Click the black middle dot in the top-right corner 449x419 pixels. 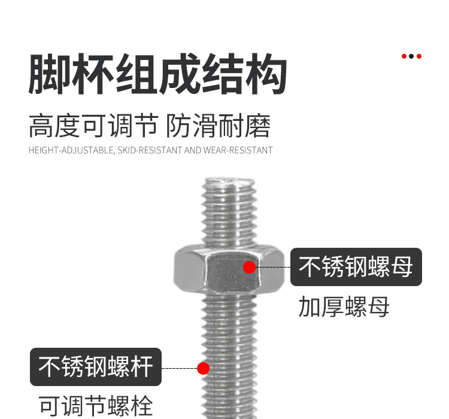(x=411, y=56)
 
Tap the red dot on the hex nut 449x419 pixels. (x=250, y=267)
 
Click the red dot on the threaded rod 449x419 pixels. (x=203, y=368)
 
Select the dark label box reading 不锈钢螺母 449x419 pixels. (x=356, y=267)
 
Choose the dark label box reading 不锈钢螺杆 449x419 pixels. (x=96, y=367)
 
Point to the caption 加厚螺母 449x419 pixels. (x=344, y=307)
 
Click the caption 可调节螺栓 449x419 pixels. (x=96, y=406)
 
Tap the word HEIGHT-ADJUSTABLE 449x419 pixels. (x=71, y=150)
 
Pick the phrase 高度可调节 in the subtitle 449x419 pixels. (x=93, y=126)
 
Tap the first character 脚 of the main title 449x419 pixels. (x=50, y=74)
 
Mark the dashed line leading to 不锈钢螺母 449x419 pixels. (x=273, y=267)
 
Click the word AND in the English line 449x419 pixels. (x=193, y=150)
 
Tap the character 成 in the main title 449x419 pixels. (x=179, y=74)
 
